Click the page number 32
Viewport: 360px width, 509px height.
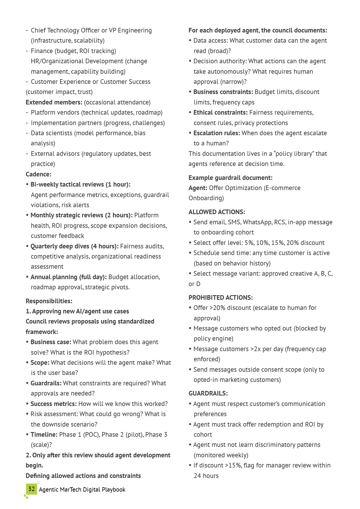point(32,489)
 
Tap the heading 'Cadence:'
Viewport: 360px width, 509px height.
point(38,174)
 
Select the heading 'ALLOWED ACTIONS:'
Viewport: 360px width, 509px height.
point(217,212)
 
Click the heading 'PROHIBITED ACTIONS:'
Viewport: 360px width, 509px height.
point(220,297)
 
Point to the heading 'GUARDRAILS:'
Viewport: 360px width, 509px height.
point(208,393)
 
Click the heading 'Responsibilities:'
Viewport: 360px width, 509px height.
point(49,301)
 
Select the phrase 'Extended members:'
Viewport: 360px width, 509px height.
point(54,102)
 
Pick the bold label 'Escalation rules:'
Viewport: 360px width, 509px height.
point(217,133)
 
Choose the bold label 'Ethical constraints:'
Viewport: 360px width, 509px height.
point(220,112)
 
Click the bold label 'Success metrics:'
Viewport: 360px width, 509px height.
point(54,404)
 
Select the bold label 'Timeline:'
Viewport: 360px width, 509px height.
point(44,434)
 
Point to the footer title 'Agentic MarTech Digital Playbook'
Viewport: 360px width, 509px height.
point(82,490)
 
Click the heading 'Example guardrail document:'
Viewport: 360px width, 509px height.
point(230,178)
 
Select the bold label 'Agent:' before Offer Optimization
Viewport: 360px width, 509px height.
point(198,188)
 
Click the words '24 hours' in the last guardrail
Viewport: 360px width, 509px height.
point(206,476)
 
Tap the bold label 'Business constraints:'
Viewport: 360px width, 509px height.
point(223,92)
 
